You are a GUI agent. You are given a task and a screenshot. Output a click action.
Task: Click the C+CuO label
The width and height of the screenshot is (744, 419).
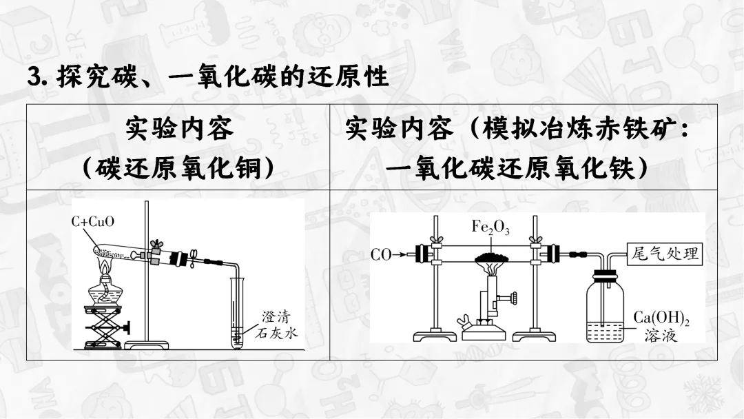92,222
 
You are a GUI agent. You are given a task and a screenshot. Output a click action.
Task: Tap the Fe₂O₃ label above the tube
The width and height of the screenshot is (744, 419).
490,227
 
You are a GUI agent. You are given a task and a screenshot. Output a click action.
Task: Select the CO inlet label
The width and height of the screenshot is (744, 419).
381,256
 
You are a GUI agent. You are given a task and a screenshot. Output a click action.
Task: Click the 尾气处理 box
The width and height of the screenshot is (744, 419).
664,254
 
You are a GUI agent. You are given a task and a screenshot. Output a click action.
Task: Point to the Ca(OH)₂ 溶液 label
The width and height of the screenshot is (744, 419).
661,327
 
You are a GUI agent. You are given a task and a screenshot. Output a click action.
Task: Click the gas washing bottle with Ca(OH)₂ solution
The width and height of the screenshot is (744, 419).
604,310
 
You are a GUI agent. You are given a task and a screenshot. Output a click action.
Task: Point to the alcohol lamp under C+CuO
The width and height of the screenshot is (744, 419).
105,289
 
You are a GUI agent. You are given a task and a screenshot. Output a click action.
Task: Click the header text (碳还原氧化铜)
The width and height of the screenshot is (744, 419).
178,167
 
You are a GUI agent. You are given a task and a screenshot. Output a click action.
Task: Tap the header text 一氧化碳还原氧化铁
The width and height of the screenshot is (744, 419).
516,167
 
